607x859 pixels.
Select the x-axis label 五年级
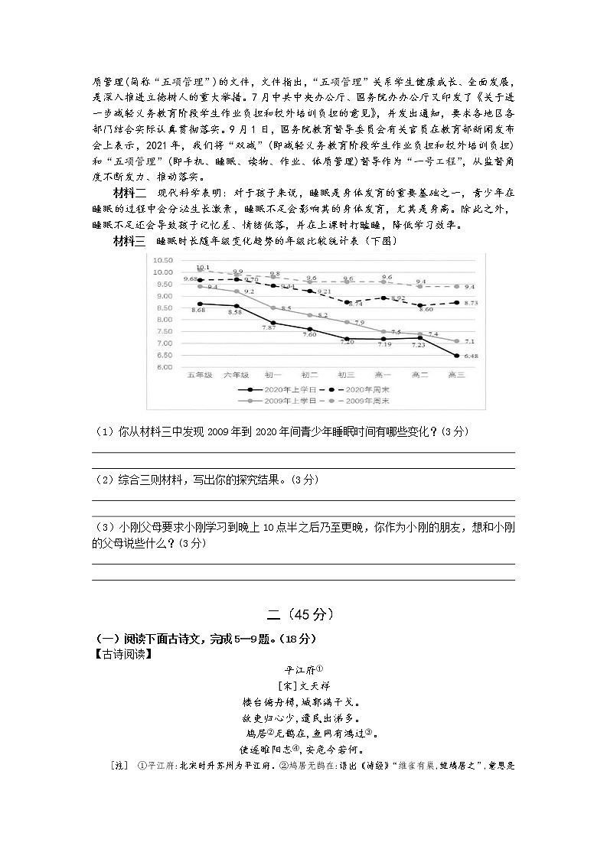click(200, 376)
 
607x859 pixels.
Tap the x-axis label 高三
click(457, 376)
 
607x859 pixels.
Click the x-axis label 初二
click(310, 376)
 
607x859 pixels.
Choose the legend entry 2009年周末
click(364, 400)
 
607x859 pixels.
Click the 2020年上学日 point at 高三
click(457, 356)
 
